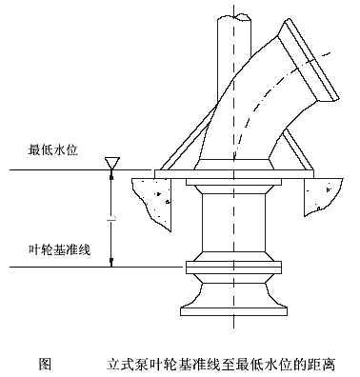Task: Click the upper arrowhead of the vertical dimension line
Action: tap(112, 176)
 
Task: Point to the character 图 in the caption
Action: tap(43, 363)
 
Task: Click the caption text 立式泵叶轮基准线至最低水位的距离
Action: tap(225, 363)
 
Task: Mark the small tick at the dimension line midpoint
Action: tap(112, 219)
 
